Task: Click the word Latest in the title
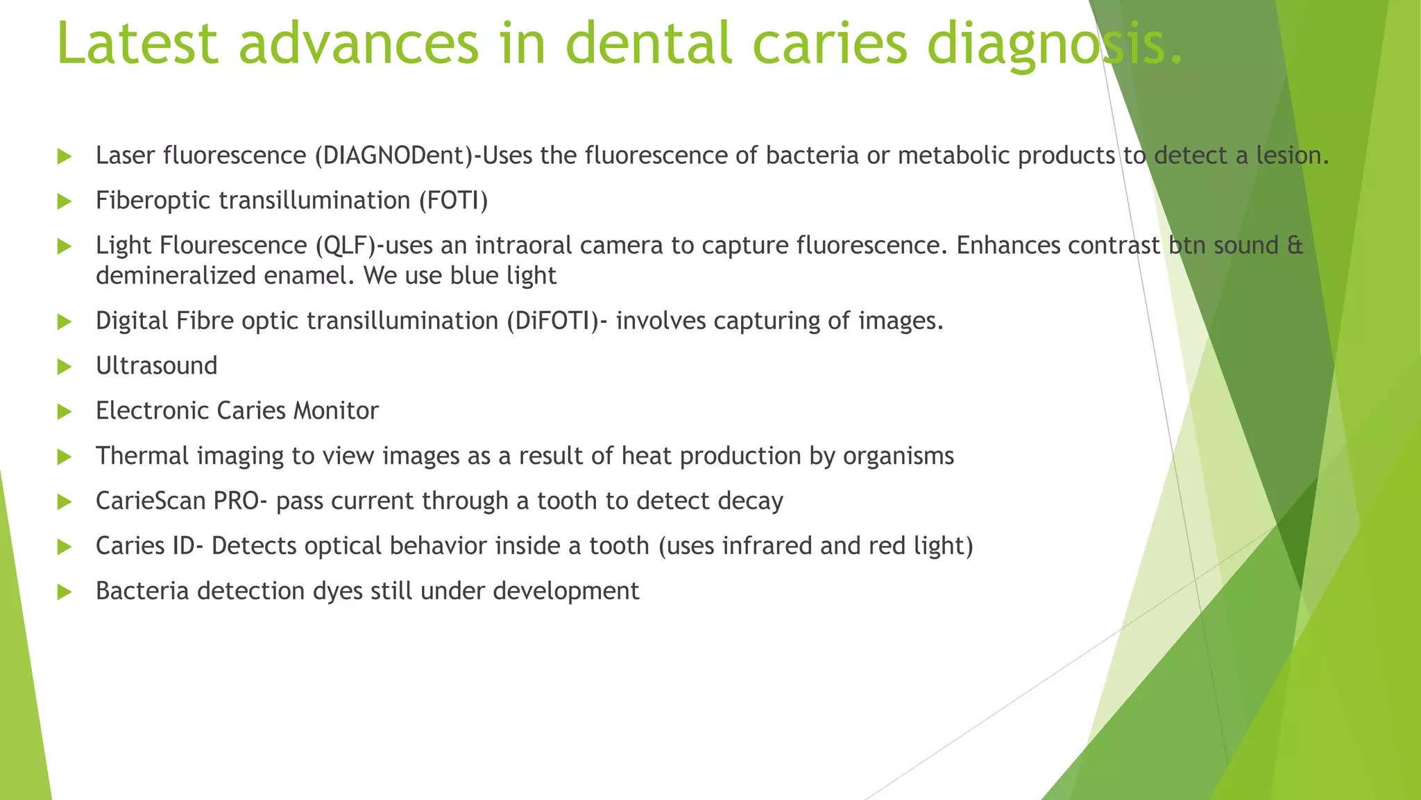[x=137, y=43]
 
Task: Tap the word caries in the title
[x=829, y=43]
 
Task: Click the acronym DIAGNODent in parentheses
[x=393, y=156]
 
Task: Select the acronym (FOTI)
[x=452, y=201]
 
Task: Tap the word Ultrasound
[x=156, y=366]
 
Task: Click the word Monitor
[x=336, y=411]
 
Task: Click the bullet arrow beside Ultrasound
[x=65, y=367]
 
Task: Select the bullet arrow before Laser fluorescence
[x=65, y=156]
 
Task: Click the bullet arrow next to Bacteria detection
[x=65, y=592]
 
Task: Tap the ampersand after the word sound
[x=1295, y=246]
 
